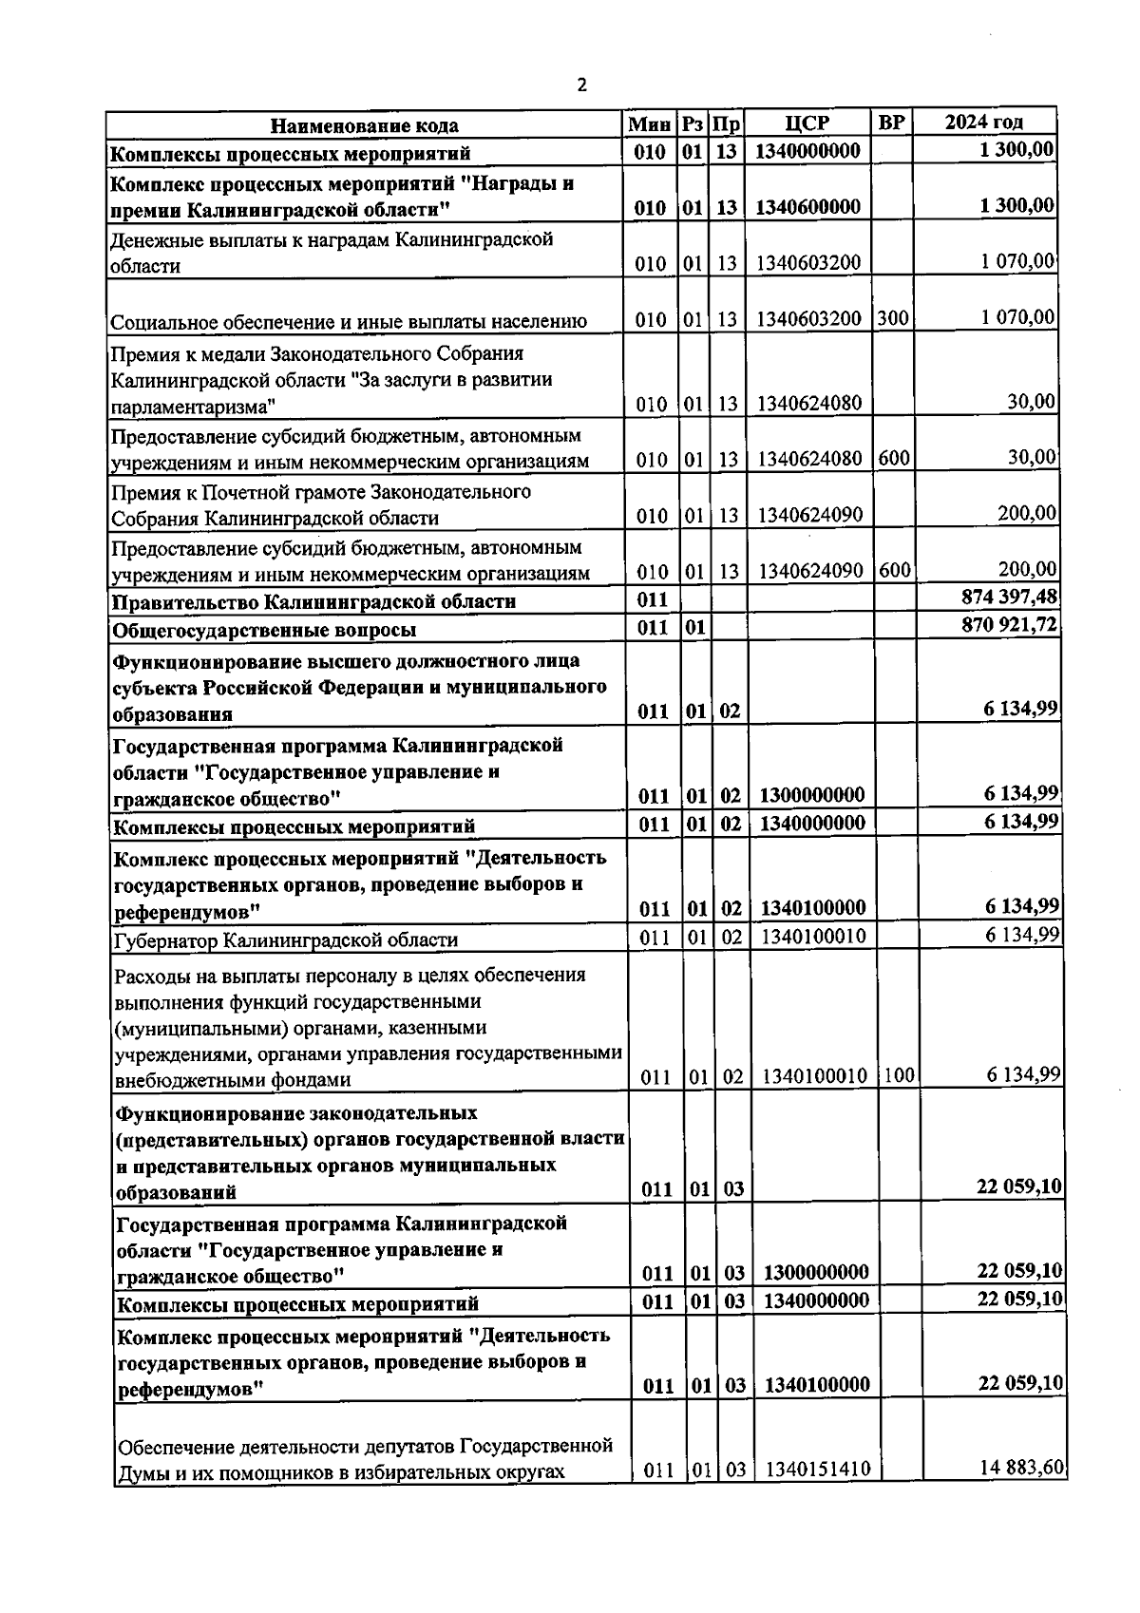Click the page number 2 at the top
(x=581, y=85)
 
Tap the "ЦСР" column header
(x=807, y=123)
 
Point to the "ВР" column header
(x=892, y=123)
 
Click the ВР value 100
(x=899, y=1076)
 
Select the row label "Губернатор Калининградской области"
(x=286, y=940)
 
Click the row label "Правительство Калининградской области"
(x=314, y=602)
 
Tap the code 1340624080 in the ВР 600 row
(x=808, y=460)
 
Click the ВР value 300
(x=892, y=318)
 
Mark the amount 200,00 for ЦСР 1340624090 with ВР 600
(x=1027, y=570)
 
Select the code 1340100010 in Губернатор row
(x=813, y=938)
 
